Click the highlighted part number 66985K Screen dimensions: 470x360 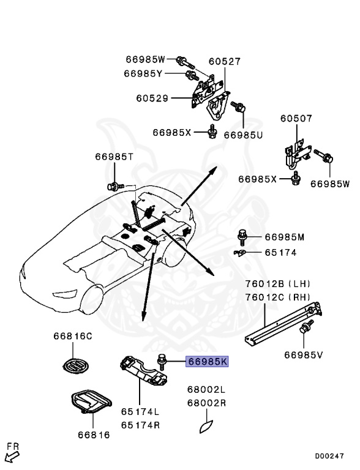point(208,362)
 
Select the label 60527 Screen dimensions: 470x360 point(224,62)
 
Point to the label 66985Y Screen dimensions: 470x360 point(143,73)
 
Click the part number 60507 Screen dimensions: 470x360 point(296,119)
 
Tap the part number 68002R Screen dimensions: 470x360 point(206,403)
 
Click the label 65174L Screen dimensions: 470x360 point(140,412)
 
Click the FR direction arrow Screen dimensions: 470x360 point(12,454)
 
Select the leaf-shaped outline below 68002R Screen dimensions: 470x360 point(206,426)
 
